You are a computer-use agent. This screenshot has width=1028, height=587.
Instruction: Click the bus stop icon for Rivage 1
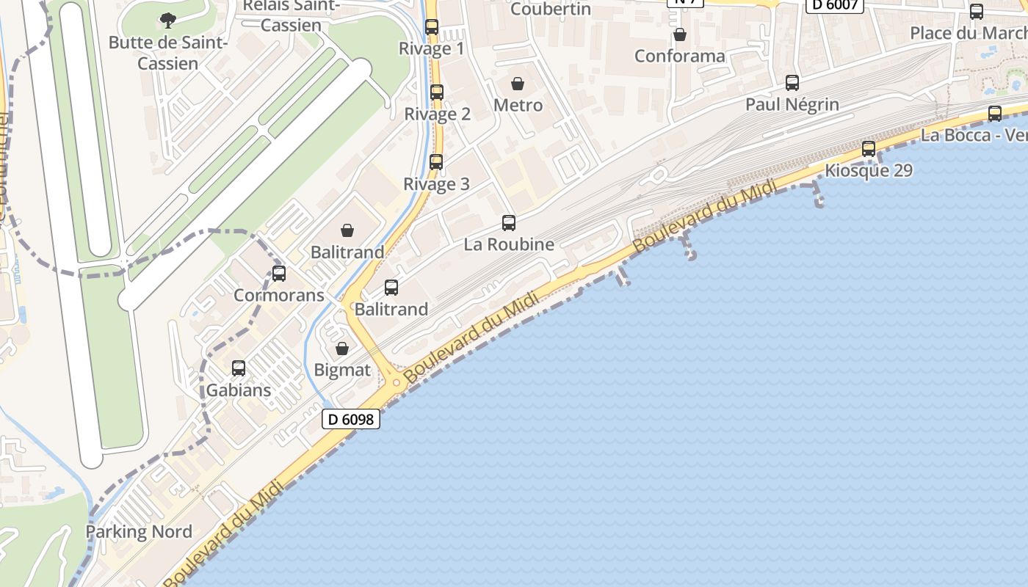432,27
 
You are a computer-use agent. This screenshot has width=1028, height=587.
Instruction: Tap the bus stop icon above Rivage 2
437,92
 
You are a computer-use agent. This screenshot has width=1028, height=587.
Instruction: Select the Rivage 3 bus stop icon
436,162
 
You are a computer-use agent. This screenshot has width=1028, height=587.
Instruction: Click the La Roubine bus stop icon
509,223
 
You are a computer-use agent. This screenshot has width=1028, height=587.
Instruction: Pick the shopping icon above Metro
518,84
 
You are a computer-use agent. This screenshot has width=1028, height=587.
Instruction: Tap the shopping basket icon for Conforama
680,34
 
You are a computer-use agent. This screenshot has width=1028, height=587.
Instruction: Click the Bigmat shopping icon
342,349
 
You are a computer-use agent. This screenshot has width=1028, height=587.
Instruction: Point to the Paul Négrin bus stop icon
792,83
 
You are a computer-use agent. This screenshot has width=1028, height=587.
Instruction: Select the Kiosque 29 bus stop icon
869,149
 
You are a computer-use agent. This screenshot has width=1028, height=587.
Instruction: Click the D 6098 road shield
351,420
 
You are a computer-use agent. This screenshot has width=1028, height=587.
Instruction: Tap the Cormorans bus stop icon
279,274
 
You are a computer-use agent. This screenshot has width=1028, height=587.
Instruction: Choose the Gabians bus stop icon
239,368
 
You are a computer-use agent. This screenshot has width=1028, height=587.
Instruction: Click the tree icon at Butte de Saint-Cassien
168,20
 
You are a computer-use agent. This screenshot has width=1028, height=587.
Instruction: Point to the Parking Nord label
139,532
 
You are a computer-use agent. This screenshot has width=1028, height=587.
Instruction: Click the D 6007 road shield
835,5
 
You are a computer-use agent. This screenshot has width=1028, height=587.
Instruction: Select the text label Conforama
679,56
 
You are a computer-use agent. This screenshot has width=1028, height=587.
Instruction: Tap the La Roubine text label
509,244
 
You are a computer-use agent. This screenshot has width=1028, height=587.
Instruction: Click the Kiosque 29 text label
869,171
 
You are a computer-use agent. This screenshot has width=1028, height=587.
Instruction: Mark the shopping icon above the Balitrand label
347,230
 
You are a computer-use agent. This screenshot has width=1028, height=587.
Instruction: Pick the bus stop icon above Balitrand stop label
391,288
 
